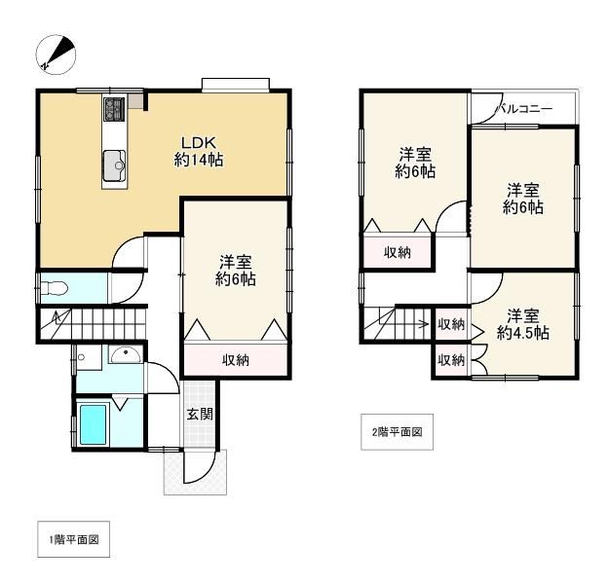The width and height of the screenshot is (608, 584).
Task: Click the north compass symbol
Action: pyautogui.click(x=56, y=55)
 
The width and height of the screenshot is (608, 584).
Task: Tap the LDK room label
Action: pyautogui.click(x=199, y=151)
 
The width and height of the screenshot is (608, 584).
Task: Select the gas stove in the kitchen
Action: pyautogui.click(x=114, y=109)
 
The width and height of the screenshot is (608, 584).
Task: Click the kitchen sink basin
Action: pyautogui.click(x=114, y=165)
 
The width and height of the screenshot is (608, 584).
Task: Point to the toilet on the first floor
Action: pyautogui.click(x=54, y=288)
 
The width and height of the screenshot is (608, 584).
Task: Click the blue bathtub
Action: pyautogui.click(x=94, y=424)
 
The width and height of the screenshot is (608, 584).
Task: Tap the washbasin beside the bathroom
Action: pyautogui.click(x=125, y=354)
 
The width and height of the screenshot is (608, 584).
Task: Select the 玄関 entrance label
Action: pyautogui.click(x=200, y=414)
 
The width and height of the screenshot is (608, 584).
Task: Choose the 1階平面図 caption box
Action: pyautogui.click(x=74, y=539)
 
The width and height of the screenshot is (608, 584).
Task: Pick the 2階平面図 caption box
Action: pyautogui.click(x=398, y=432)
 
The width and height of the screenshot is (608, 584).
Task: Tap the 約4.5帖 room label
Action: pyautogui.click(x=522, y=333)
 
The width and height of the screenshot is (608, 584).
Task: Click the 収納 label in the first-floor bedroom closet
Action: pyautogui.click(x=236, y=360)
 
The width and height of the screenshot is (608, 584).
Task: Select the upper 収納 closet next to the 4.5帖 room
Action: pyautogui.click(x=452, y=324)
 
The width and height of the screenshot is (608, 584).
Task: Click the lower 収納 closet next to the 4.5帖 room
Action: pyautogui.click(x=452, y=360)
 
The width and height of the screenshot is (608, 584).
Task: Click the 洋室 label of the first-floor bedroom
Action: pyautogui.click(x=236, y=262)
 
